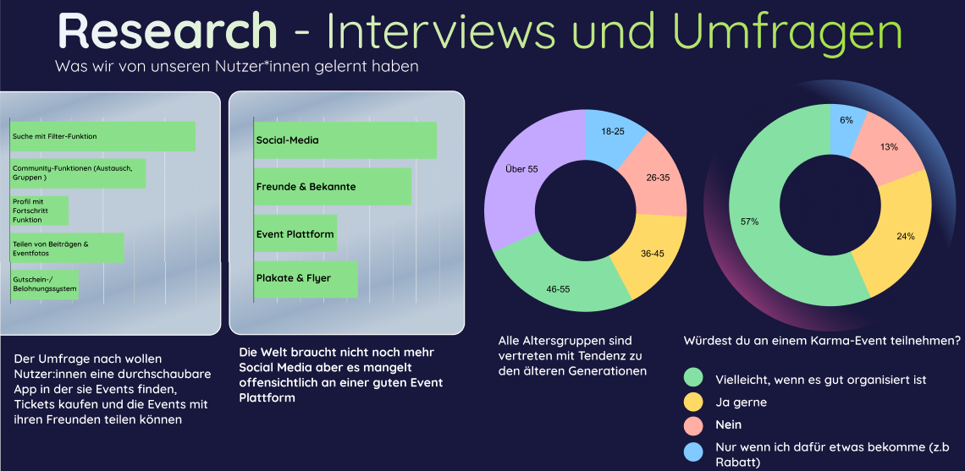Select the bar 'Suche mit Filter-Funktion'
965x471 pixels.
(102, 137)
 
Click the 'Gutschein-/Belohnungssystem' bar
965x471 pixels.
(44, 285)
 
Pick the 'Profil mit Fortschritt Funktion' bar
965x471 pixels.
(39, 211)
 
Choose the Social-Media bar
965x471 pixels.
(345, 140)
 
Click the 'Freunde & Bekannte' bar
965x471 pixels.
(333, 186)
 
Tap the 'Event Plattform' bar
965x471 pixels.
(295, 233)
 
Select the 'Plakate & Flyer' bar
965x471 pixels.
(306, 278)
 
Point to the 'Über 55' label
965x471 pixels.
(521, 169)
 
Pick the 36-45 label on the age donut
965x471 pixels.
(653, 254)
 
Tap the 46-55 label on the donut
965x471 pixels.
(558, 289)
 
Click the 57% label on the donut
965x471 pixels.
(749, 222)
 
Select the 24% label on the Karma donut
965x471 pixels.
(905, 236)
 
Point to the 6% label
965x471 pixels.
(846, 121)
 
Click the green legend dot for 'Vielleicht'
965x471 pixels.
(694, 378)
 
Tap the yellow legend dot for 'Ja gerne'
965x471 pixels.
(694, 402)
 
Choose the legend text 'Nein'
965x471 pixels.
(729, 424)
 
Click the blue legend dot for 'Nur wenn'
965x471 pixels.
(694, 448)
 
